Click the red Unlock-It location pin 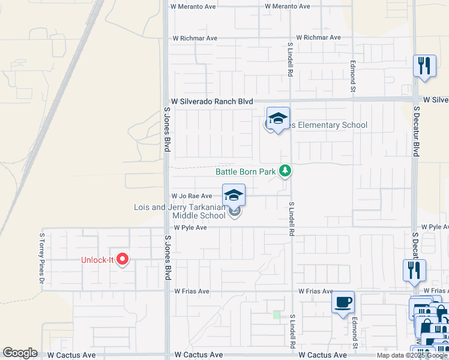(122, 259)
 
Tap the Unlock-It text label (97, 260)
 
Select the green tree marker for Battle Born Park (285, 172)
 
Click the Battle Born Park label (246, 172)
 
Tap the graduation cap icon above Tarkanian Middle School (234, 195)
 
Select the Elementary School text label (328, 125)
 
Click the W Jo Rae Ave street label (192, 196)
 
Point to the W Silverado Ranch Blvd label (212, 102)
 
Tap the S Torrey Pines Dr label (42, 259)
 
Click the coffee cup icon (343, 302)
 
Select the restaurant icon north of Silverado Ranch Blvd (424, 65)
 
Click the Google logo (20, 353)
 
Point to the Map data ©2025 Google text (411, 355)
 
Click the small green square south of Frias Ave (276, 314)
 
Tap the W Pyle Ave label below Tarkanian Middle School (190, 228)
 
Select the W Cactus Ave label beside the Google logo (71, 355)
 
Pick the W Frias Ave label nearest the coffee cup (316, 291)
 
